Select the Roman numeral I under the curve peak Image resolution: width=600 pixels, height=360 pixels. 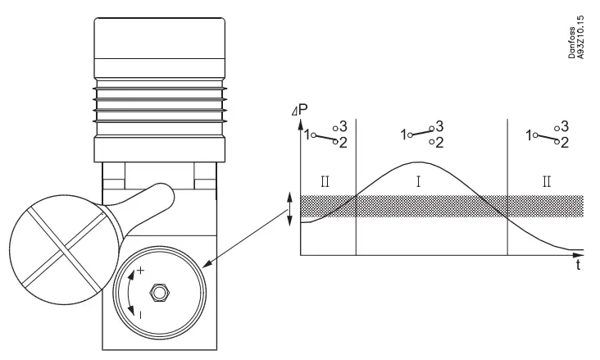419,181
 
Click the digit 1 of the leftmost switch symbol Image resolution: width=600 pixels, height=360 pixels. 307,134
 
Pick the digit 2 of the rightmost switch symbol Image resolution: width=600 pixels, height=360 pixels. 565,143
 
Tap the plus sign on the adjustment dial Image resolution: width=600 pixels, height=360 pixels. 141,271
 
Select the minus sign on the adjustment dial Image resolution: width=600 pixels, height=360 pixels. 141,313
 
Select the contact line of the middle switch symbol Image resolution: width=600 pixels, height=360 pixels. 420,131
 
